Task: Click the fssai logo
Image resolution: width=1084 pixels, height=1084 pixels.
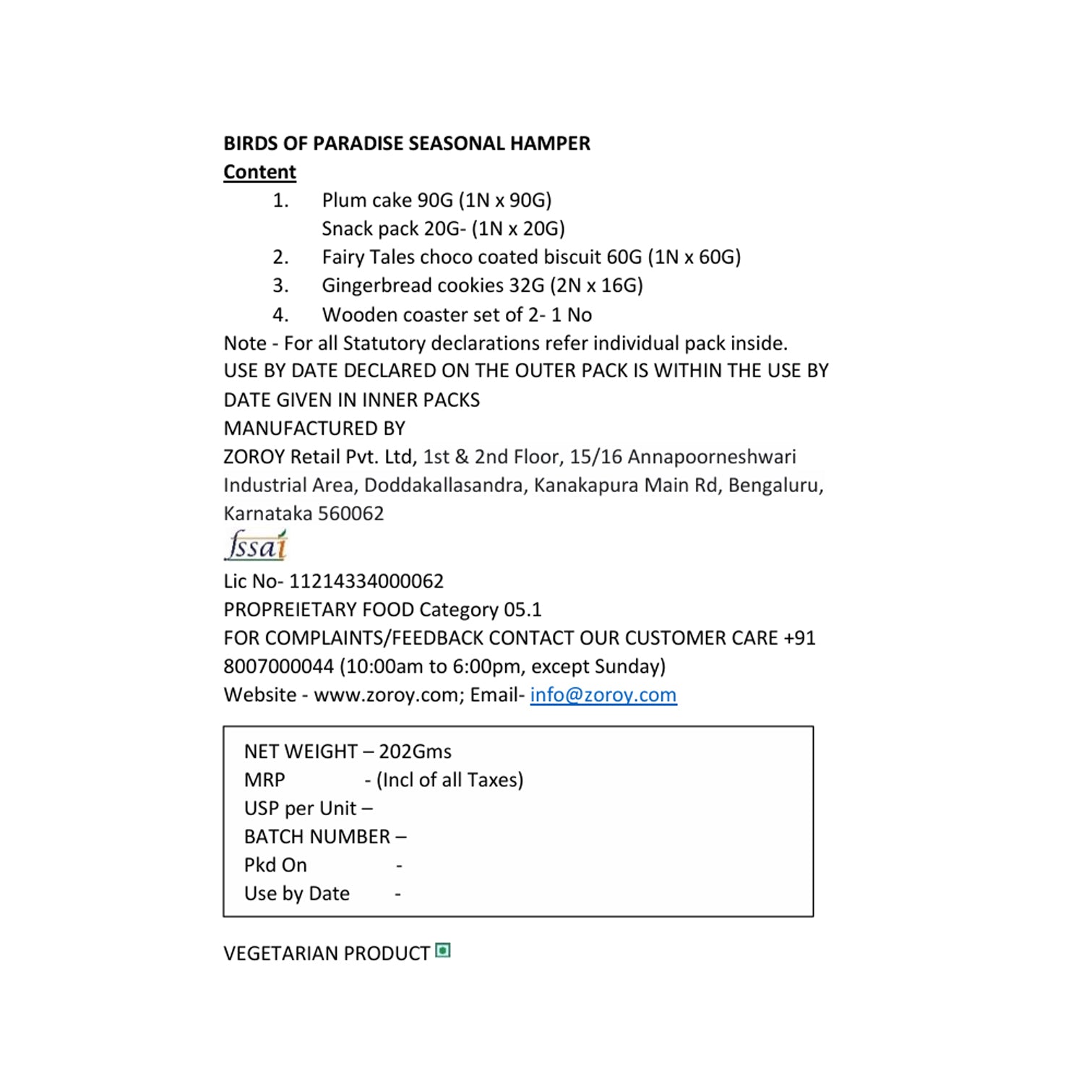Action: point(256,546)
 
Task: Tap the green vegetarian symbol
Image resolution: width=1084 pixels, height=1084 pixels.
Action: point(443,951)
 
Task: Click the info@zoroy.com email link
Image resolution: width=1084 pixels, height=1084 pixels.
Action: point(603,694)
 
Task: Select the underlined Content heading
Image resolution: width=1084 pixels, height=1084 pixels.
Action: point(259,172)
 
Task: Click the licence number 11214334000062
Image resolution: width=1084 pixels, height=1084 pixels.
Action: point(366,581)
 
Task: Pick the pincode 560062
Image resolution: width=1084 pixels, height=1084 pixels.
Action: point(350,513)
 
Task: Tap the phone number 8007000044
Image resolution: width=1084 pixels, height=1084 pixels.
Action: point(279,666)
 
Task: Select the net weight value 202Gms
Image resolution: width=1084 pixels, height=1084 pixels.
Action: point(415,752)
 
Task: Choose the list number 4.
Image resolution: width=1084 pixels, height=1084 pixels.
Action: point(280,315)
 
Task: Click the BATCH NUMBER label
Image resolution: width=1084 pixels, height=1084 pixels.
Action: point(317,837)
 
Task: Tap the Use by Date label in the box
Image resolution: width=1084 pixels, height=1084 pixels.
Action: point(296,894)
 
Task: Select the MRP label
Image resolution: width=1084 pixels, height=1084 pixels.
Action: point(264,780)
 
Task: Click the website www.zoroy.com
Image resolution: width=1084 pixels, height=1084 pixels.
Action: point(389,694)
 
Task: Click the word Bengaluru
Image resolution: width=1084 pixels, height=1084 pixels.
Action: point(775,485)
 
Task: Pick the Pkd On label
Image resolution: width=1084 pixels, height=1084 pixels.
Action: point(275,865)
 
